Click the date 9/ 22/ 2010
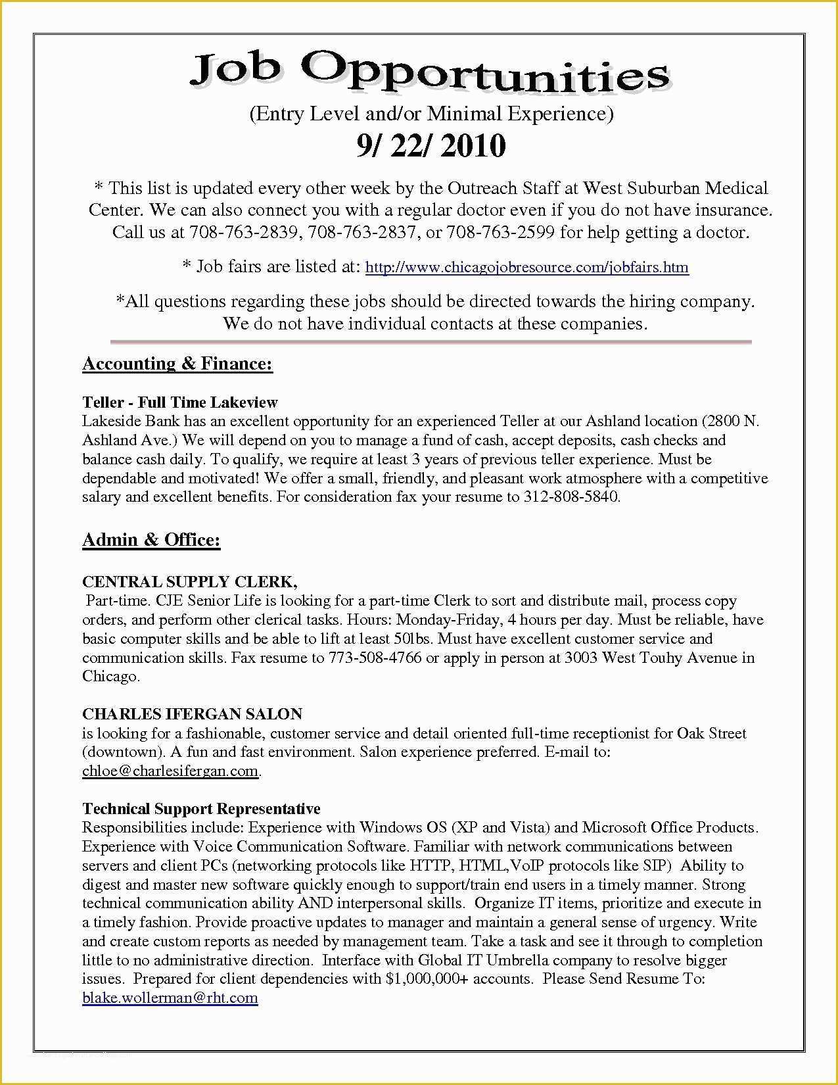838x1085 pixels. [x=431, y=145]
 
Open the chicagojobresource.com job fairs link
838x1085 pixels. [x=526, y=268]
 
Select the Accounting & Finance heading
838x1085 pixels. [x=177, y=364]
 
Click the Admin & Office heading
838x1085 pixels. [x=151, y=540]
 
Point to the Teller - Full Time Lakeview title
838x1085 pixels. [x=180, y=402]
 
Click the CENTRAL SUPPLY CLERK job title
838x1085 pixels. [x=189, y=582]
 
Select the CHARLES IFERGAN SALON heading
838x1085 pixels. [x=192, y=714]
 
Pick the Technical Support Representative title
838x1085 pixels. [x=201, y=809]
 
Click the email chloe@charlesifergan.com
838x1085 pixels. [x=170, y=771]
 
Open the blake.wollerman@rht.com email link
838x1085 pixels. [x=170, y=998]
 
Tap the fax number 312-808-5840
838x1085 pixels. [x=571, y=497]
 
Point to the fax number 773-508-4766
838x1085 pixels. [x=375, y=658]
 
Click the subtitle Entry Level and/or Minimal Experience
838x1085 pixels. [x=431, y=114]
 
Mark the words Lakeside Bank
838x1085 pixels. [x=122, y=422]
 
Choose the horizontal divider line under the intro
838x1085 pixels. [x=431, y=342]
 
